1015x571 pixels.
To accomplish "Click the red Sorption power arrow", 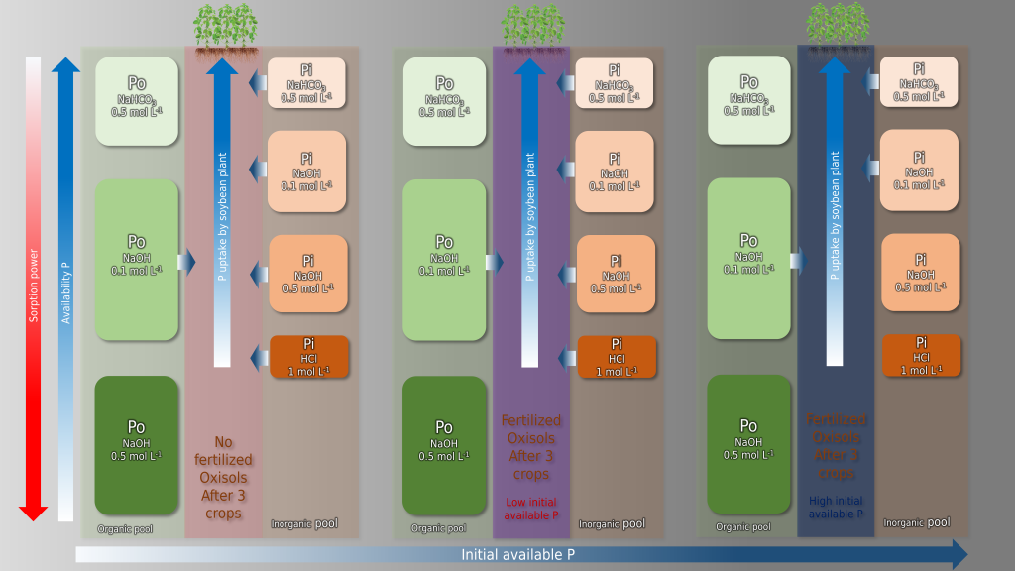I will click(x=34, y=287).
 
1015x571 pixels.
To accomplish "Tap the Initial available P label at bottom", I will click(x=517, y=554).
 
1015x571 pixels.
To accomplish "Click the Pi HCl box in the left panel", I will click(x=308, y=357).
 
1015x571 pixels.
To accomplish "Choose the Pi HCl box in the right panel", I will click(x=921, y=356).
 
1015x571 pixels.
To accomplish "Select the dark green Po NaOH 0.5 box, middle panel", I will click(x=444, y=444).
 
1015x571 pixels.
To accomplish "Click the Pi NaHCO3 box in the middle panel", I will click(x=615, y=83).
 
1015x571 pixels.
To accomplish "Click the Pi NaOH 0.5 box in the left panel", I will click(x=308, y=275).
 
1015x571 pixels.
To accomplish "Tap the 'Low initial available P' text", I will click(x=531, y=508).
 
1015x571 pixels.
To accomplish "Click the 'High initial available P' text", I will click(x=837, y=508).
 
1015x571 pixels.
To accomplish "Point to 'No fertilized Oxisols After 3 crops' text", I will click(x=223, y=478).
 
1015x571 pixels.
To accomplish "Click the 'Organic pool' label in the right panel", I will click(x=743, y=526).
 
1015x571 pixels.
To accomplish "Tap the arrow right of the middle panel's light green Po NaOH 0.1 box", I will click(x=493, y=262).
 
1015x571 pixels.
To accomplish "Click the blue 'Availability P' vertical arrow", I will click(x=66, y=287).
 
